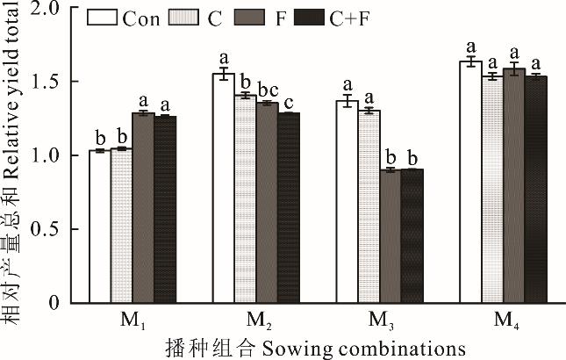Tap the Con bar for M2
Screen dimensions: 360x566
224,189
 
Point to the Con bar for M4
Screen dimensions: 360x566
471,183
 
